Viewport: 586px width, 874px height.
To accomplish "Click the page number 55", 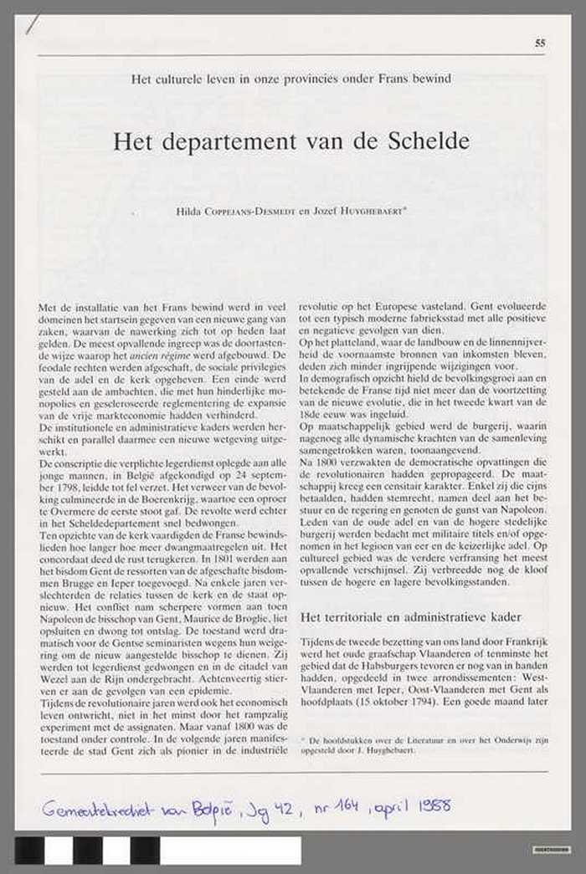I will [540, 43].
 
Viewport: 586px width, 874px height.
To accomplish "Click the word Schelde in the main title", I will [429, 141].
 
